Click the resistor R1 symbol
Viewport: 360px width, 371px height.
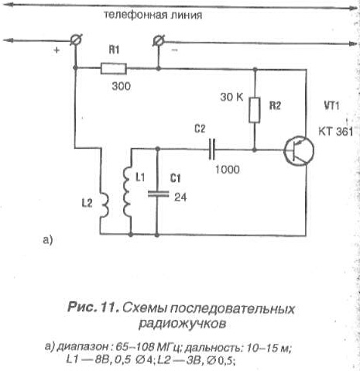(113, 69)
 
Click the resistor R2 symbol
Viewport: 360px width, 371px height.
(255, 110)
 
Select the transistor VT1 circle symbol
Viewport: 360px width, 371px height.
(299, 151)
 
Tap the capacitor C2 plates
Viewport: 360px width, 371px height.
(211, 149)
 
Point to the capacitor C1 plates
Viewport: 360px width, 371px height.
(158, 194)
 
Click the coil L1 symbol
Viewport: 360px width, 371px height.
(128, 192)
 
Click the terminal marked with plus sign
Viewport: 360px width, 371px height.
(76, 40)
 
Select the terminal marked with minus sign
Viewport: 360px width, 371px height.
(158, 40)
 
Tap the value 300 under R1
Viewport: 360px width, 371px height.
(121, 86)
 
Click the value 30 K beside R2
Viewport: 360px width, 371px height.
(231, 97)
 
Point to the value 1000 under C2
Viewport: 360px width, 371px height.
(228, 170)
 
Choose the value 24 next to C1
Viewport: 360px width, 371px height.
(180, 198)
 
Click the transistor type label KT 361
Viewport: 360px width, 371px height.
(335, 132)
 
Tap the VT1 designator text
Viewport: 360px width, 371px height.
(331, 106)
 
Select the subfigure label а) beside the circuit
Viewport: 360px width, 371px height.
(48, 240)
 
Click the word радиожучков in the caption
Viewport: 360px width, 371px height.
(182, 323)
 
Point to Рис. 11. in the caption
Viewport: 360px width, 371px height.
(93, 307)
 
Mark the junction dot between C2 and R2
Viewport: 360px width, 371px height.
(255, 149)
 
